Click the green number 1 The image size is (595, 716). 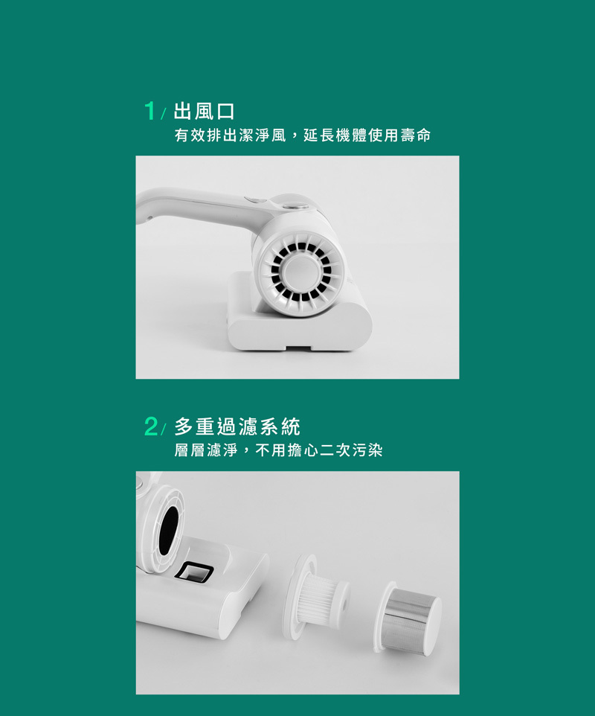pos(149,111)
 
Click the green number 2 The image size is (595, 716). pos(150,427)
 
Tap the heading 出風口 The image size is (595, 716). pos(204,112)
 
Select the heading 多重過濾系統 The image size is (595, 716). pos(237,427)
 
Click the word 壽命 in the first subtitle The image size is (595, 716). pos(415,135)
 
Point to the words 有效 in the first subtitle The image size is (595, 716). pos(190,135)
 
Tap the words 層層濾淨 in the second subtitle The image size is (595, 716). pos(206,451)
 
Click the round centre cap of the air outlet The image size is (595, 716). pos(299,271)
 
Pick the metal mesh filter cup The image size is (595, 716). pos(408,618)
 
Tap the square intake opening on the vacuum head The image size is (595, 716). pos(195,572)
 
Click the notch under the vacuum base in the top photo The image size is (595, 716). pos(298,348)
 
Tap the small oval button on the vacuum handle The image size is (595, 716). pos(253,200)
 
